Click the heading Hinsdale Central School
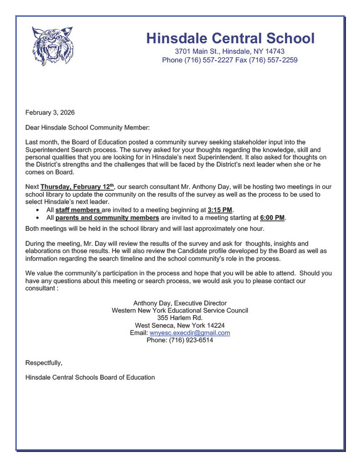coord(230,38)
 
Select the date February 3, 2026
coord(50,112)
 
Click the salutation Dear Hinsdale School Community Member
coord(88,127)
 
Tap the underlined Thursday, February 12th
coord(77,187)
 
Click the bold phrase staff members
coord(78,210)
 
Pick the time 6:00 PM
coord(272,218)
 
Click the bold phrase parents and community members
coord(107,218)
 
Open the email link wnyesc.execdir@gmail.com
coord(190,333)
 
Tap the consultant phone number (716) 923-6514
coord(180,340)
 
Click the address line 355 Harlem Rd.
coord(180,318)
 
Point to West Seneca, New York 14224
coord(180,325)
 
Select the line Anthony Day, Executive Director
coord(180,303)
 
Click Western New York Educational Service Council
coord(180,310)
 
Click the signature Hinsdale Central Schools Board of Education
coord(90,377)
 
